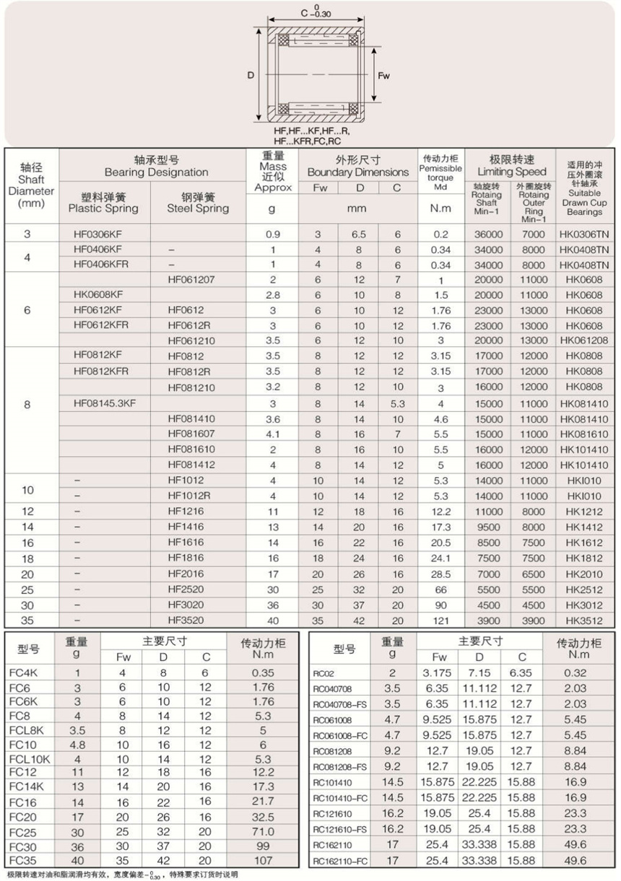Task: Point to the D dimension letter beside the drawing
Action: [251, 75]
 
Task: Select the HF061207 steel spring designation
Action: [191, 279]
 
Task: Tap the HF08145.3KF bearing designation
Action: [105, 403]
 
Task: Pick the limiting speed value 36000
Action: [488, 235]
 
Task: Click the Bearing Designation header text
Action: [156, 172]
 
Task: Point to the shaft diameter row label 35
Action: [27, 620]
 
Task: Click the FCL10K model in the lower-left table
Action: [30, 759]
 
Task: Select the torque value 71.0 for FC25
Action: [264, 831]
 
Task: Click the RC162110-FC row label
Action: [341, 862]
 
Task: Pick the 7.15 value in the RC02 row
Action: [479, 672]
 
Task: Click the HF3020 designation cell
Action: [186, 605]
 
